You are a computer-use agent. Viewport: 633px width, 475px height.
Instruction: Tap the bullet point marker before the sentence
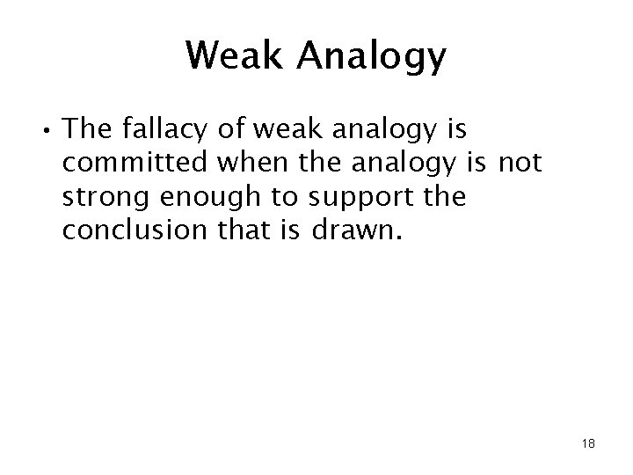(x=43, y=133)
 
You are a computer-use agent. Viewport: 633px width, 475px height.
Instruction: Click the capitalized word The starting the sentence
(x=90, y=130)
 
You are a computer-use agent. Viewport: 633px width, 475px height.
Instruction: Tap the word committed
(x=139, y=163)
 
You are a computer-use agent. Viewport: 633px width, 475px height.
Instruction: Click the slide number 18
(x=587, y=443)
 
